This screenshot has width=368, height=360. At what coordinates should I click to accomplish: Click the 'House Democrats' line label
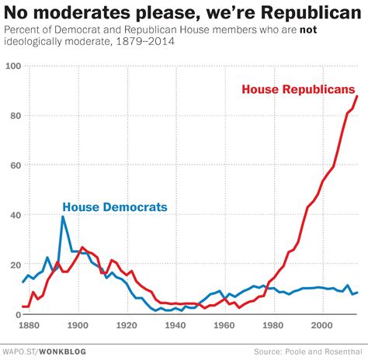pyautogui.click(x=115, y=207)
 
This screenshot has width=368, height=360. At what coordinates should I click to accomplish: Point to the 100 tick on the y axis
pyautogui.click(x=12, y=66)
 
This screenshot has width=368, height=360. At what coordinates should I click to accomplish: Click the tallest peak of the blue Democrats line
pyautogui.click(x=63, y=216)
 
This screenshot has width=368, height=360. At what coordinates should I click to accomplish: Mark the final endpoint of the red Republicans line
pyautogui.click(x=357, y=95)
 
